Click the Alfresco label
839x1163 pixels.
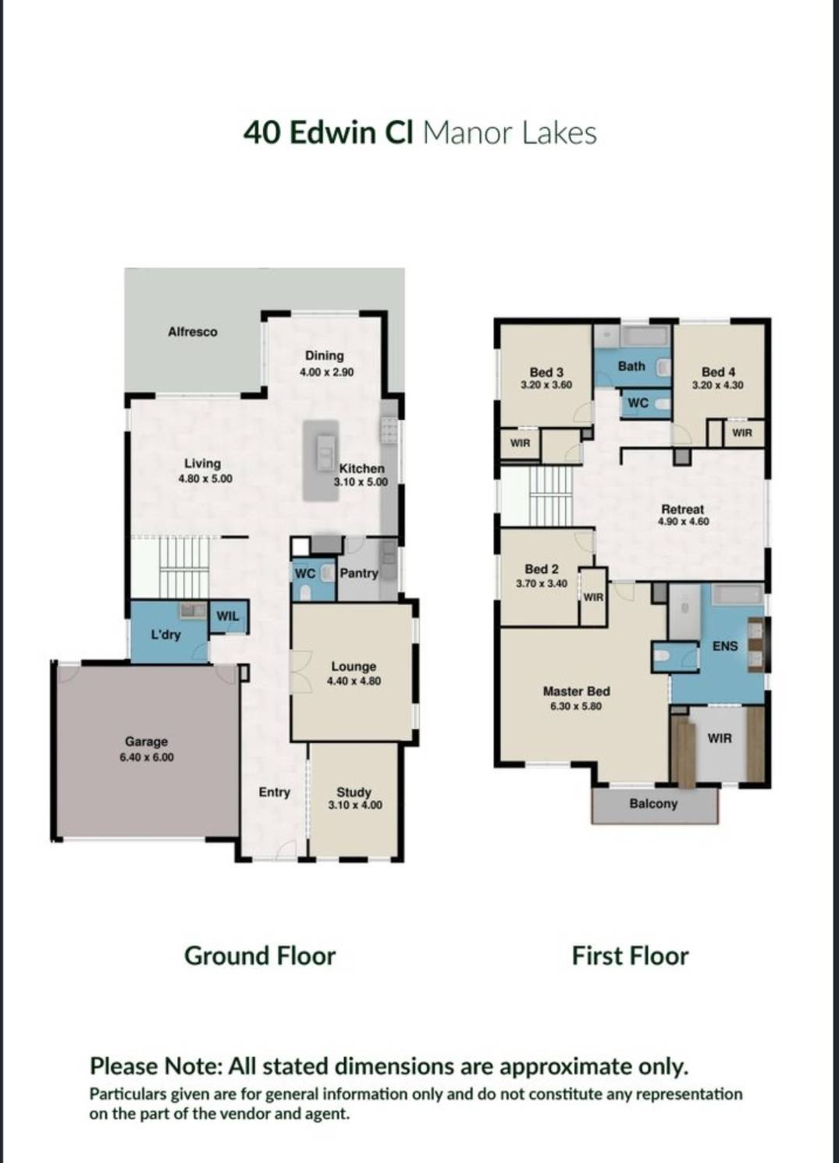tap(192, 332)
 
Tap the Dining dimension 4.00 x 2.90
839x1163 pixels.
tap(326, 372)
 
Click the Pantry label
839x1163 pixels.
tap(359, 573)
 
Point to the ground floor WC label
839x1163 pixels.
tap(304, 574)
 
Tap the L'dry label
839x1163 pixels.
tap(165, 635)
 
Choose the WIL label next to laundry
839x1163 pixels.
tap(228, 616)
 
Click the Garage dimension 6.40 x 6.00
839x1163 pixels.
tap(147, 757)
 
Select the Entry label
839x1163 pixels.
tap(274, 792)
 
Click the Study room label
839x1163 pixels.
tap(354, 791)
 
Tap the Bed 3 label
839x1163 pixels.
tap(546, 372)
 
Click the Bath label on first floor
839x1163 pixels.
tap(631, 365)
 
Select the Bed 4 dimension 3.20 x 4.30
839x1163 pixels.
tap(717, 385)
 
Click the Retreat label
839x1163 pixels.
tap(682, 509)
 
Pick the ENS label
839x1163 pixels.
tap(724, 646)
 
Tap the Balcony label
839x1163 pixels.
tap(653, 803)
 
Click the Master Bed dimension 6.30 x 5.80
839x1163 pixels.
tap(576, 706)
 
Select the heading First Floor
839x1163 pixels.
tap(630, 956)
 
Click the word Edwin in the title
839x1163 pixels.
tap(332, 133)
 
